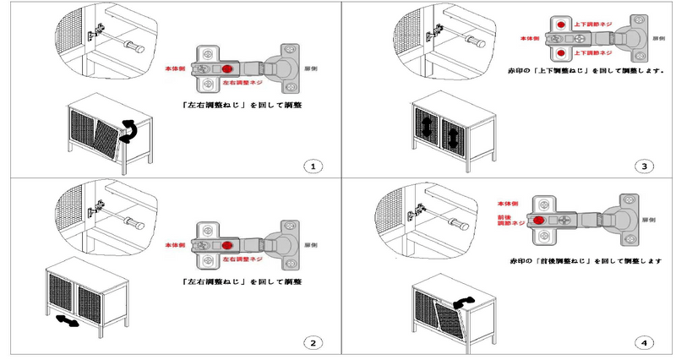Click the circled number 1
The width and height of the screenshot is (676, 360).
tap(313, 166)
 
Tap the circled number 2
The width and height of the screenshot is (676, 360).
tap(313, 342)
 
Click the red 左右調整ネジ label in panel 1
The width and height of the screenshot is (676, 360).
tap(245, 85)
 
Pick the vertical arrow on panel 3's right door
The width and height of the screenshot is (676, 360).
tap(454, 135)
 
